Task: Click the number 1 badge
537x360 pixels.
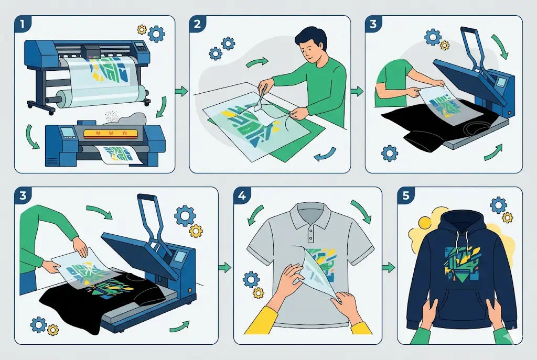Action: (x=23, y=24)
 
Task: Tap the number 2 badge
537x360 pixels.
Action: (x=198, y=24)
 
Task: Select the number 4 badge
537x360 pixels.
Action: (x=242, y=195)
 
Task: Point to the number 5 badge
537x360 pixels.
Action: (x=406, y=195)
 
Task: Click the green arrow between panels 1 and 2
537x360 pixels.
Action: (x=181, y=91)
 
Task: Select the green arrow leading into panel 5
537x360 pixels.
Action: (x=389, y=267)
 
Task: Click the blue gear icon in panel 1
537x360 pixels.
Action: (x=156, y=34)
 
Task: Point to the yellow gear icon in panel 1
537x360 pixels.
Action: (x=142, y=29)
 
